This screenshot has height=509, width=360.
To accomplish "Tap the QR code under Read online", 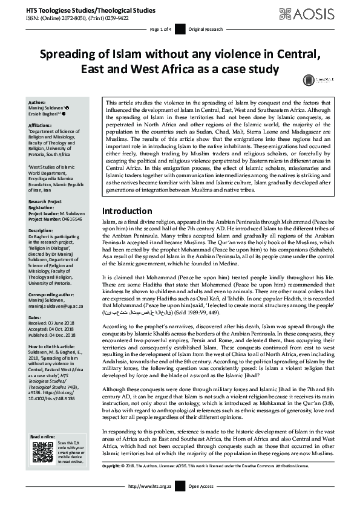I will click(42, 452).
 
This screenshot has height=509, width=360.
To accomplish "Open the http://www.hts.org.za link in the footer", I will click(148, 502).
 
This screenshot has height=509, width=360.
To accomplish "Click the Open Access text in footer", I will click(201, 502).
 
